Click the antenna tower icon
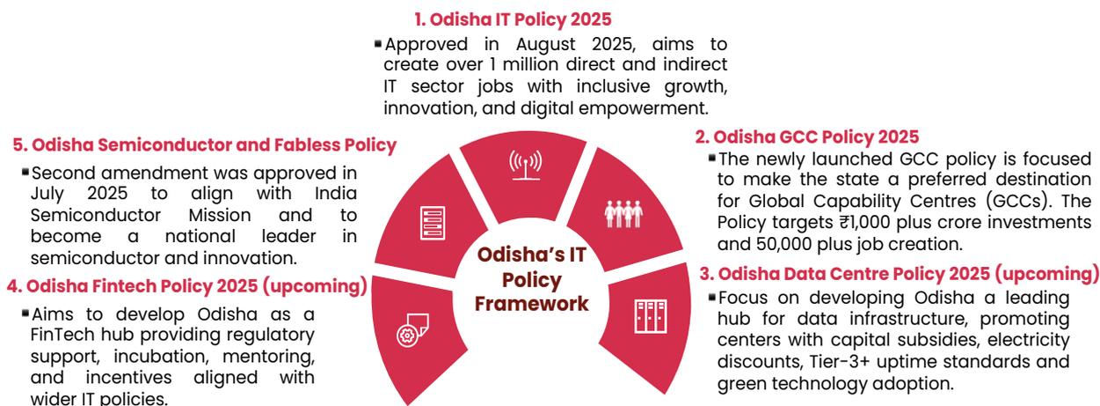click(526, 166)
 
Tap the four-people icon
click(623, 214)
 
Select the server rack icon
click(650, 316)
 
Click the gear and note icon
click(412, 329)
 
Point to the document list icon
click(433, 223)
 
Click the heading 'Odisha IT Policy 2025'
click(513, 19)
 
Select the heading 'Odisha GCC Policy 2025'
click(807, 137)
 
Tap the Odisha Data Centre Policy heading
click(899, 274)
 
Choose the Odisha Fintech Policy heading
click(186, 286)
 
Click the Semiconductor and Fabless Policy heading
click(204, 145)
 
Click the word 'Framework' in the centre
click(531, 304)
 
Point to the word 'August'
click(545, 45)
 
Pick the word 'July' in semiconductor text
click(47, 194)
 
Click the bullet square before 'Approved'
click(377, 44)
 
